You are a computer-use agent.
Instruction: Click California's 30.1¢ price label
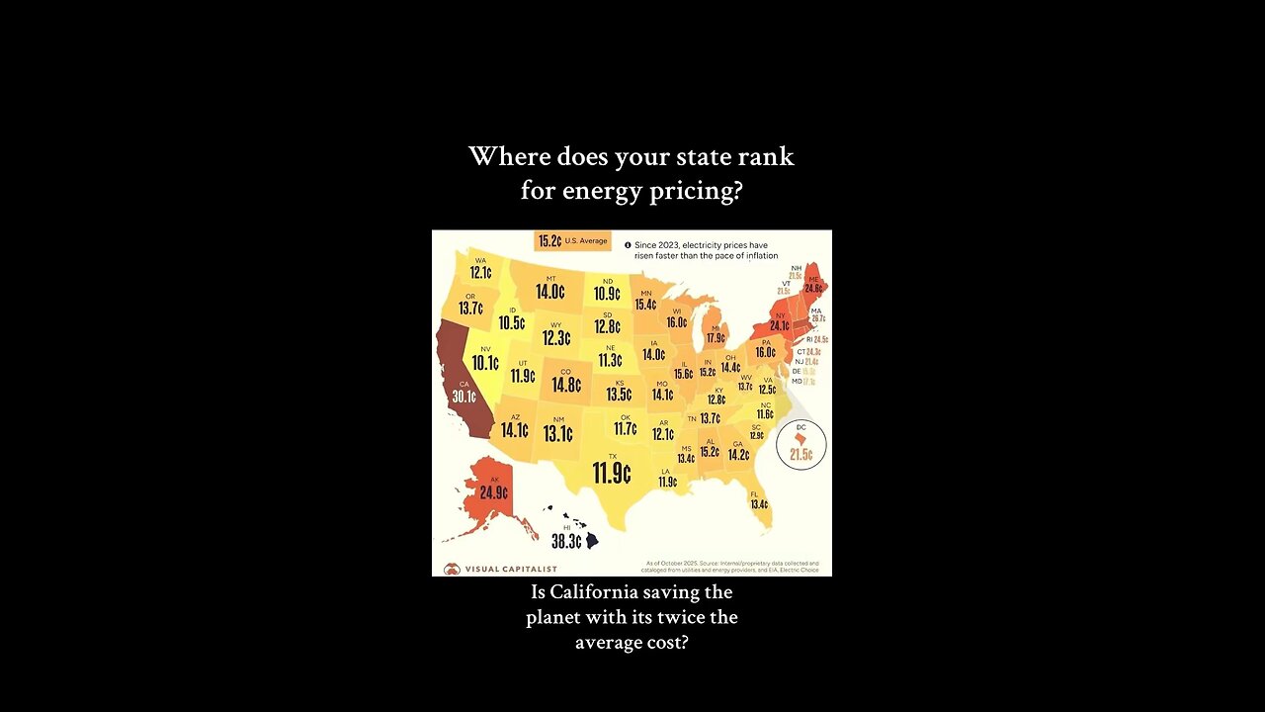pos(464,397)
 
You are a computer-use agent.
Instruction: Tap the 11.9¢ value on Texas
pos(612,474)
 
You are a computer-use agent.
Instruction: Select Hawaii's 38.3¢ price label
pos(566,542)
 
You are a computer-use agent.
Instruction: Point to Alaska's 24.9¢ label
pos(493,492)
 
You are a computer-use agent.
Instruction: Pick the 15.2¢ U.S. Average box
pos(572,240)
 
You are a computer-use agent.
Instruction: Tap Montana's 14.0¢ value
pos(549,292)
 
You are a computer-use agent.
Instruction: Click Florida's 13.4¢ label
pos(759,504)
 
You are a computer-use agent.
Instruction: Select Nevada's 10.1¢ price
pos(485,363)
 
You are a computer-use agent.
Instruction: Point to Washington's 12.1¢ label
pos(480,273)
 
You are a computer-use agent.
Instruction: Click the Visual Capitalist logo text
pos(511,569)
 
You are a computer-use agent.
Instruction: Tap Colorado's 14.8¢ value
pos(565,385)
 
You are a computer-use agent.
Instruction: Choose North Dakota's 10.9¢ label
pos(607,294)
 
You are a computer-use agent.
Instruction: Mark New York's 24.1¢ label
pos(780,325)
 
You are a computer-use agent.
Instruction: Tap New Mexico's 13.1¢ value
pos(557,433)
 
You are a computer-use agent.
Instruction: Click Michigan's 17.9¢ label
pos(715,337)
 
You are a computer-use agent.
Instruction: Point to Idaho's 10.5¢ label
pos(511,322)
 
